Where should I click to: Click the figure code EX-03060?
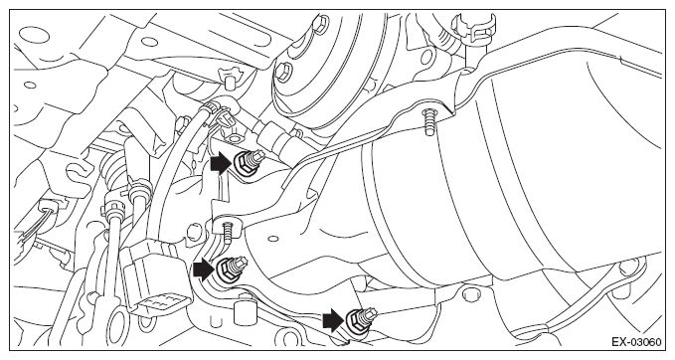tap(636, 342)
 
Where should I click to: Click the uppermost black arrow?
tap(221, 163)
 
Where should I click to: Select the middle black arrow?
tap(204, 270)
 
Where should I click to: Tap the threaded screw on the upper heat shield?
tap(429, 122)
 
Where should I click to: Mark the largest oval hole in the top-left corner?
tap(33, 34)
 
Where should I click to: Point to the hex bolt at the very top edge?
tap(318, 23)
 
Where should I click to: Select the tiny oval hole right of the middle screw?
tap(271, 238)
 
